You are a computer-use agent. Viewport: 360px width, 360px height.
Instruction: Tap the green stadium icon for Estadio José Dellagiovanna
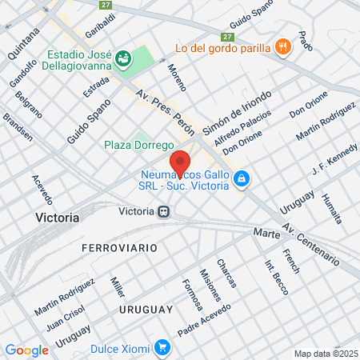pyautogui.click(x=122, y=58)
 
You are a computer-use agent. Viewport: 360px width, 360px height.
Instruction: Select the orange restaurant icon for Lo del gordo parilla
pyautogui.click(x=282, y=46)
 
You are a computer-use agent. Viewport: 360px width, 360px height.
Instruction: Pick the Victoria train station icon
pyautogui.click(x=162, y=212)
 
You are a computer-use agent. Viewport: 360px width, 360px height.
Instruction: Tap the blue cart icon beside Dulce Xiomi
pyautogui.click(x=162, y=347)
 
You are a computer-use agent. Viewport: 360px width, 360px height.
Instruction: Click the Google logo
pyautogui.click(x=26, y=350)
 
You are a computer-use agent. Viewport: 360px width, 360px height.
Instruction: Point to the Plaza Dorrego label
pyautogui.click(x=139, y=146)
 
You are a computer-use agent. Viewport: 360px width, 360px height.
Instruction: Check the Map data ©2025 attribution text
pyautogui.click(x=325, y=353)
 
